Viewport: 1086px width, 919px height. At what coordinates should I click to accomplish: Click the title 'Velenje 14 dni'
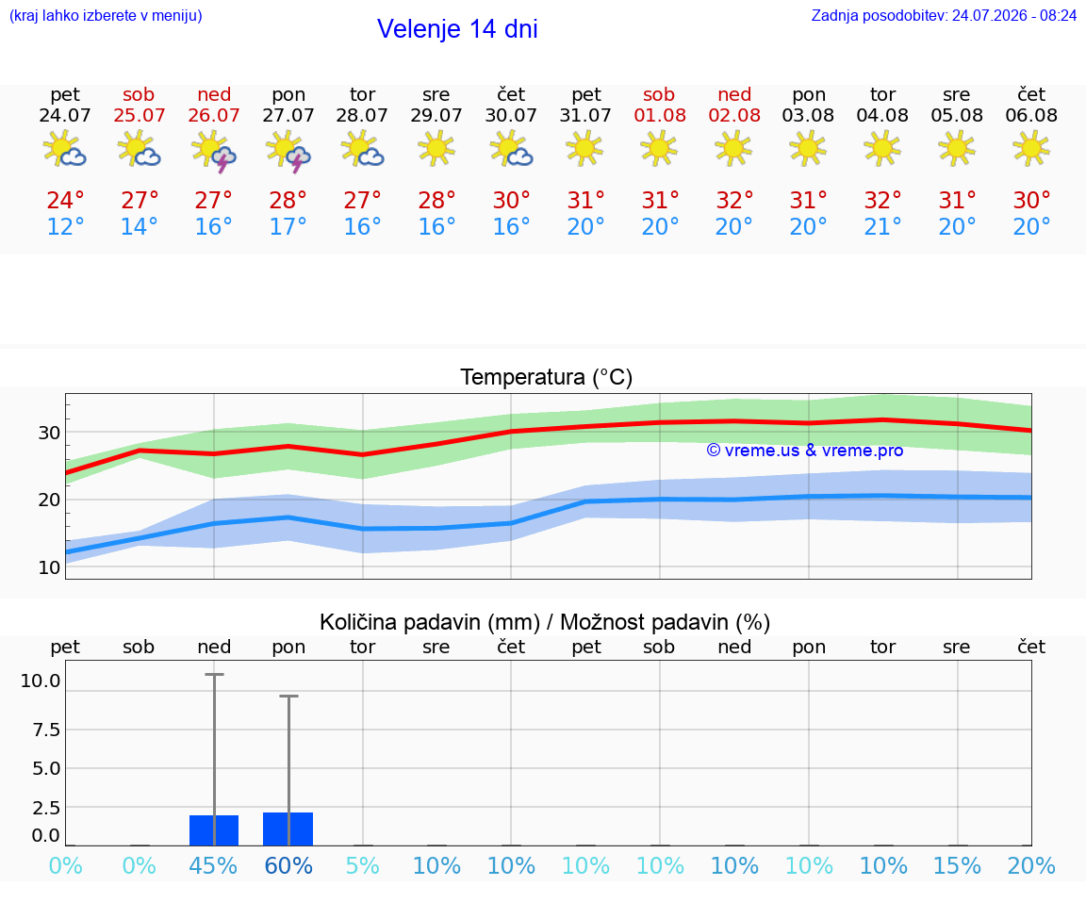point(457,29)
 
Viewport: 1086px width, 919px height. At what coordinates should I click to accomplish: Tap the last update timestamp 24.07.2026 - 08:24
point(1014,15)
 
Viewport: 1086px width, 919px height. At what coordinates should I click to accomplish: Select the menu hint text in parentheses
point(106,15)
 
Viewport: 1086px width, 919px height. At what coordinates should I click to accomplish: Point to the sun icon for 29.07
point(436,149)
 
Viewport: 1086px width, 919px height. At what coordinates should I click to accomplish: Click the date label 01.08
point(660,115)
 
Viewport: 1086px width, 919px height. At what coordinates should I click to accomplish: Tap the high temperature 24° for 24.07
point(65,200)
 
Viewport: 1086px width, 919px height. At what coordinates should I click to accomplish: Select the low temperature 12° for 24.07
point(65,226)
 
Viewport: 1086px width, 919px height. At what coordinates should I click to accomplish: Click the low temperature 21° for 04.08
point(882,226)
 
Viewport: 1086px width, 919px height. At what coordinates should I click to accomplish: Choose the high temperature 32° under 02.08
point(734,200)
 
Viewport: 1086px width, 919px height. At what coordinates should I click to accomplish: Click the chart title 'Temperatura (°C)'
point(547,377)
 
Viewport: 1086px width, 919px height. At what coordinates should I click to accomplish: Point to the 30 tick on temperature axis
point(49,433)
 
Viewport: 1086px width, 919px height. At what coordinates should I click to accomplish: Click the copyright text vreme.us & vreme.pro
point(805,451)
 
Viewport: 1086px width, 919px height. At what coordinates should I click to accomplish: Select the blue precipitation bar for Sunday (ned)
point(214,830)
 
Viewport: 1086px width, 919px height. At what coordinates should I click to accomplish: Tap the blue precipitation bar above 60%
point(288,829)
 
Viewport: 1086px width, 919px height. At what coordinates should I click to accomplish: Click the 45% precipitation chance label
point(213,865)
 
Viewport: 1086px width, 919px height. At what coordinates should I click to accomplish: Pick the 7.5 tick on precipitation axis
point(46,730)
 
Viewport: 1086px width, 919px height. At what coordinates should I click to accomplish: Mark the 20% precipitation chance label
point(1031,865)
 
